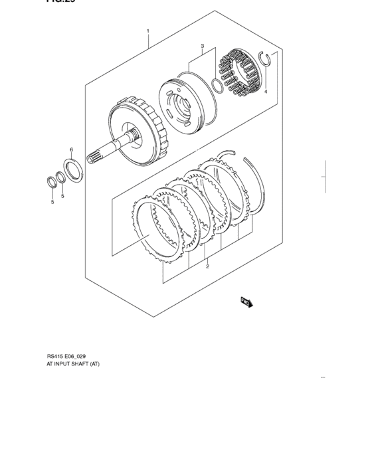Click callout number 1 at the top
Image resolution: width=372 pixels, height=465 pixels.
[x=147, y=31]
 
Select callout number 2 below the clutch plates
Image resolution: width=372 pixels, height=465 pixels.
[x=207, y=266]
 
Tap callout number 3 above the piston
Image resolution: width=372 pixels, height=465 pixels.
[x=201, y=46]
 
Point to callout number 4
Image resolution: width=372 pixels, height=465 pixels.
[x=265, y=92]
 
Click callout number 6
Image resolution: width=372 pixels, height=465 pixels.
[x=72, y=149]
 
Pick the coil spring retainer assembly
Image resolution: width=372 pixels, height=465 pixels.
[x=238, y=72]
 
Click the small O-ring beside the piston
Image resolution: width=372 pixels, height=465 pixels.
[x=217, y=86]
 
